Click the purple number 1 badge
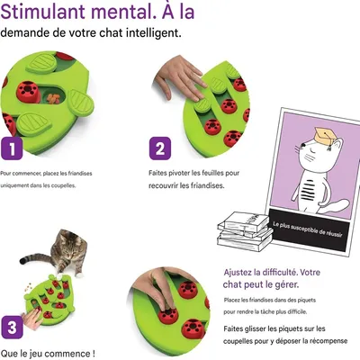coord(12,148)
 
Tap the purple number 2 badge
coord(159,148)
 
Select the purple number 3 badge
coord(13,326)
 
